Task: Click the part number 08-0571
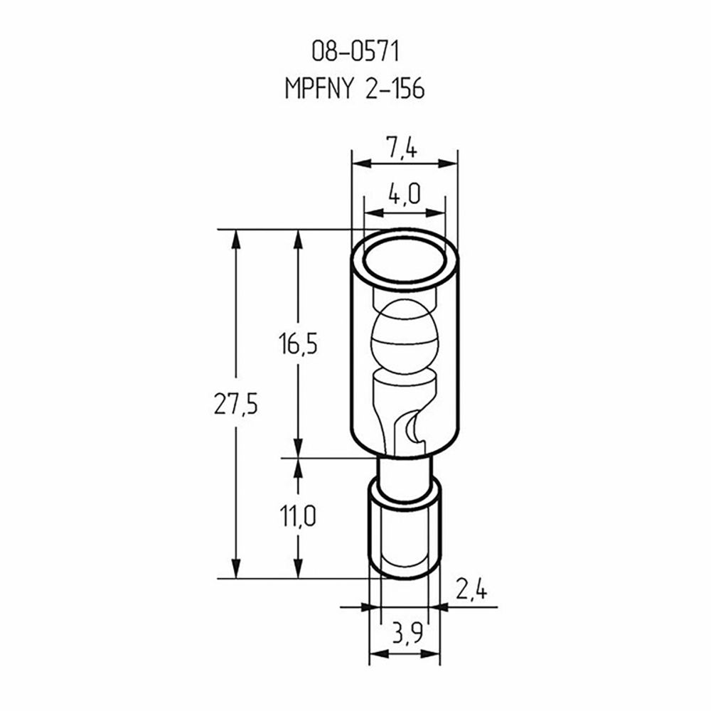(x=355, y=51)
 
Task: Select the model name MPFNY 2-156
(x=355, y=88)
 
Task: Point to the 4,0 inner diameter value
(x=404, y=194)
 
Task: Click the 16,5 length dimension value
(x=298, y=343)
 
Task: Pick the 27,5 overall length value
(x=236, y=404)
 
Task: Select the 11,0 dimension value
(x=297, y=516)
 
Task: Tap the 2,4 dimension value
(x=471, y=591)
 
